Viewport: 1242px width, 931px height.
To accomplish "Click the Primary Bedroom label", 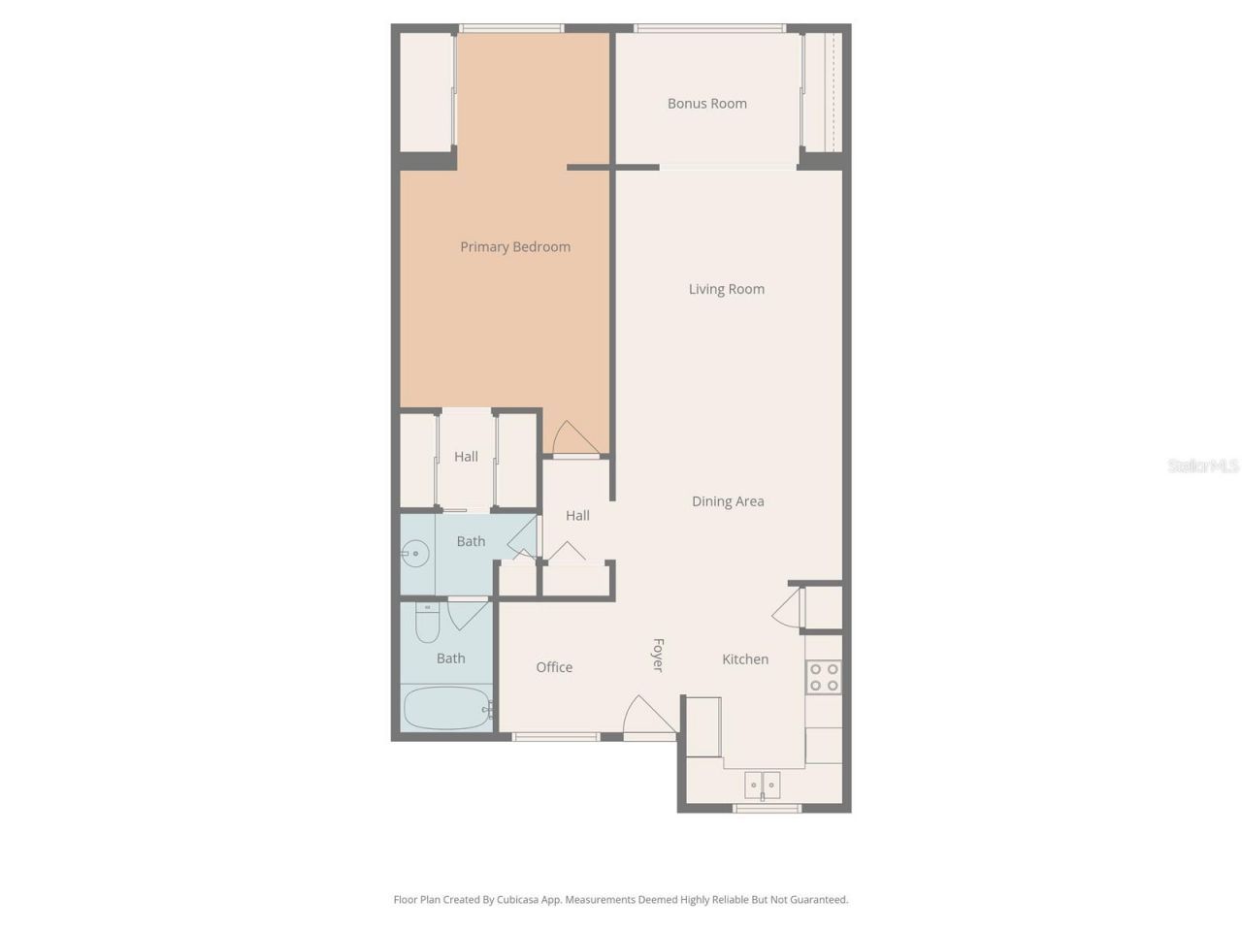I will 514,247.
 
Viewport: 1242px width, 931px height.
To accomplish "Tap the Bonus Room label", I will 706,104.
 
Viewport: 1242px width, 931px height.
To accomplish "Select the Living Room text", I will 726,289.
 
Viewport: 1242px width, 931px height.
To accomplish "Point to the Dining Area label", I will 728,501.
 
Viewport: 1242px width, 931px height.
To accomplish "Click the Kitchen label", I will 744,659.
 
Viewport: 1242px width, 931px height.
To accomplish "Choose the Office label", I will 554,667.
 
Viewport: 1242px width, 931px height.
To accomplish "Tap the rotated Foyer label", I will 658,655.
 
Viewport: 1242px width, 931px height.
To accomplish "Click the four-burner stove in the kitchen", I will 823,677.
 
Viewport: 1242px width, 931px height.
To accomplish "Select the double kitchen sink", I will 763,784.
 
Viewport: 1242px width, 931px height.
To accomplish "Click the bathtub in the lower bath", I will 445,709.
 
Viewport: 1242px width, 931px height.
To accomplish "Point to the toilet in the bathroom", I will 427,623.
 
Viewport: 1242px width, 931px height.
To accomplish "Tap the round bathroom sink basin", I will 415,554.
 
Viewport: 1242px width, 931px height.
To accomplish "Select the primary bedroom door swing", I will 573,439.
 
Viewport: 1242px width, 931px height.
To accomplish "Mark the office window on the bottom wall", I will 556,737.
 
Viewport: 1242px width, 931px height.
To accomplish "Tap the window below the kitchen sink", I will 767,808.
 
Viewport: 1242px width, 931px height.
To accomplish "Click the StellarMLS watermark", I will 1202,466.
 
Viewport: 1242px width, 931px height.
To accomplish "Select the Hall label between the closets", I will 466,457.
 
